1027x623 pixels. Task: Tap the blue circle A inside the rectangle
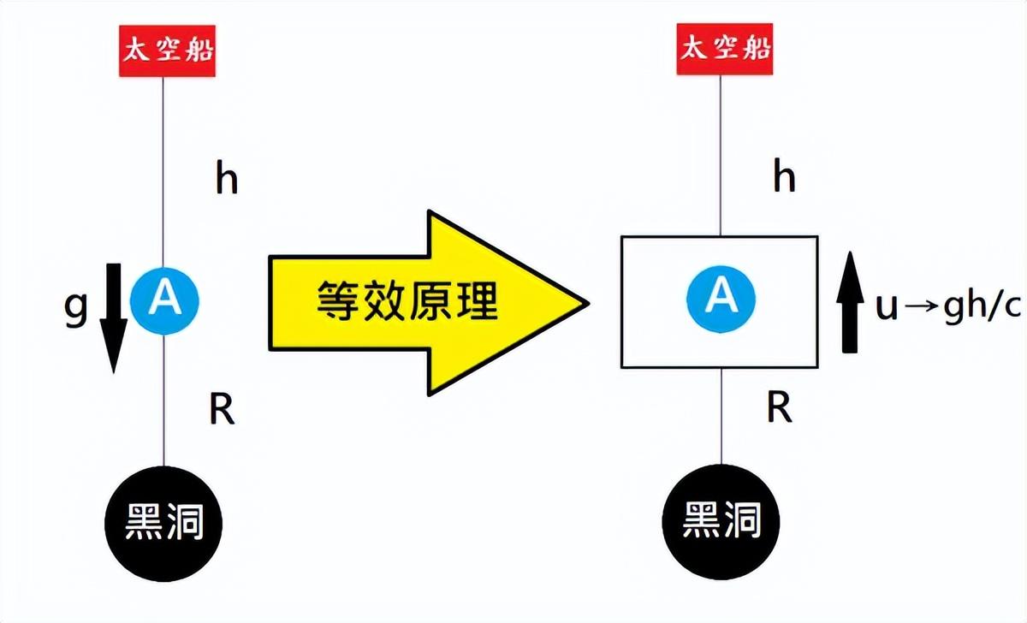721,294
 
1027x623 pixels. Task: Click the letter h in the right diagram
783,178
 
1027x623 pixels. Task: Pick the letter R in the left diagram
222,411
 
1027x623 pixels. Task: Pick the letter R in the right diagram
779,408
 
